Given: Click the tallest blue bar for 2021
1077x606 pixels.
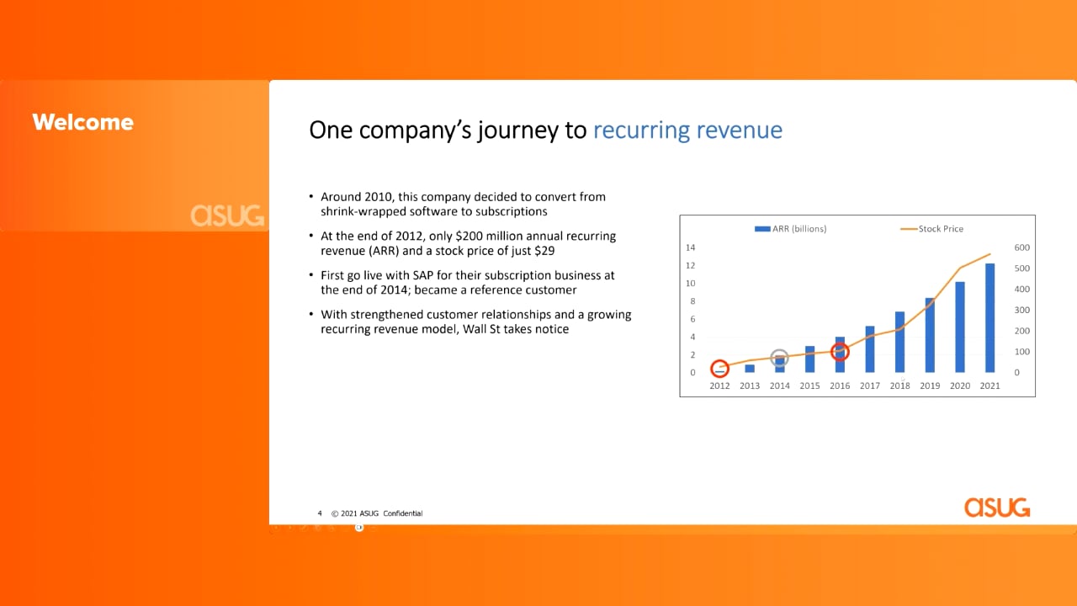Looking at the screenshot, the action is (x=990, y=318).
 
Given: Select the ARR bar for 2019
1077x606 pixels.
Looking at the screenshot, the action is (x=930, y=335).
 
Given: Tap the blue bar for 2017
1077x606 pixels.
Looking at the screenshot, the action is (x=870, y=349).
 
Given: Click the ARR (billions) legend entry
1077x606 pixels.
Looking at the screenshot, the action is (x=790, y=229).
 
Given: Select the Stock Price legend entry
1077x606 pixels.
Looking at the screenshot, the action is (x=931, y=229).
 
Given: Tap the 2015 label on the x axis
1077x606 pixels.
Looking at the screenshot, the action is (x=809, y=385).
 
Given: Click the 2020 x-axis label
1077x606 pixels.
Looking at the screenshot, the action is (x=960, y=385).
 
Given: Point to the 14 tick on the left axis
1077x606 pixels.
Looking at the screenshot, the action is (x=691, y=247).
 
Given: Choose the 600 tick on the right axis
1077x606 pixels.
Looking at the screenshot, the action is (x=1021, y=247).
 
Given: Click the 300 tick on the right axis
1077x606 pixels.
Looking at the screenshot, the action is (x=1021, y=311).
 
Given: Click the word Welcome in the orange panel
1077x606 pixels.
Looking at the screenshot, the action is (x=82, y=122).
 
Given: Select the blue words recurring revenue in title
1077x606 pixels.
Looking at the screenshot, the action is (x=687, y=130).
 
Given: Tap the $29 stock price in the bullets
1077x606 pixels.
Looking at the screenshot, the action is (x=544, y=251).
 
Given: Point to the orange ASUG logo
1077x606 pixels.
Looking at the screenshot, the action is (x=997, y=508).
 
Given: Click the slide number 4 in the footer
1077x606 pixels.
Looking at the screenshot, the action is (x=320, y=513).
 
